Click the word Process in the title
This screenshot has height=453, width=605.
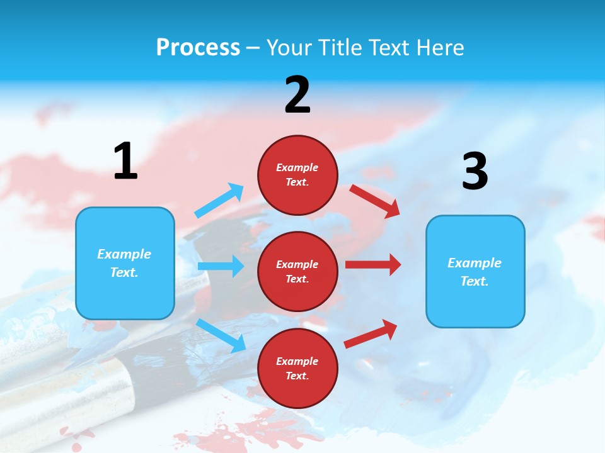tap(198, 47)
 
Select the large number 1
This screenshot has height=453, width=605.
tap(125, 161)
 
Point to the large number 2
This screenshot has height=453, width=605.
tap(297, 95)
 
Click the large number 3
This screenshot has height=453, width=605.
tap(475, 171)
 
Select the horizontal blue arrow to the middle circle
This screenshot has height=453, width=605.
tap(221, 266)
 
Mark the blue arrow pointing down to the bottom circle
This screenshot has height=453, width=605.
tap(221, 335)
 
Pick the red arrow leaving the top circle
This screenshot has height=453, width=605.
tap(374, 201)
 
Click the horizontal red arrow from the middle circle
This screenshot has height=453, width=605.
tap(372, 265)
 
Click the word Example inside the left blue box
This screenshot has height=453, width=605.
tap(124, 254)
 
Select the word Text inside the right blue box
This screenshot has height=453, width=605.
tap(473, 281)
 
